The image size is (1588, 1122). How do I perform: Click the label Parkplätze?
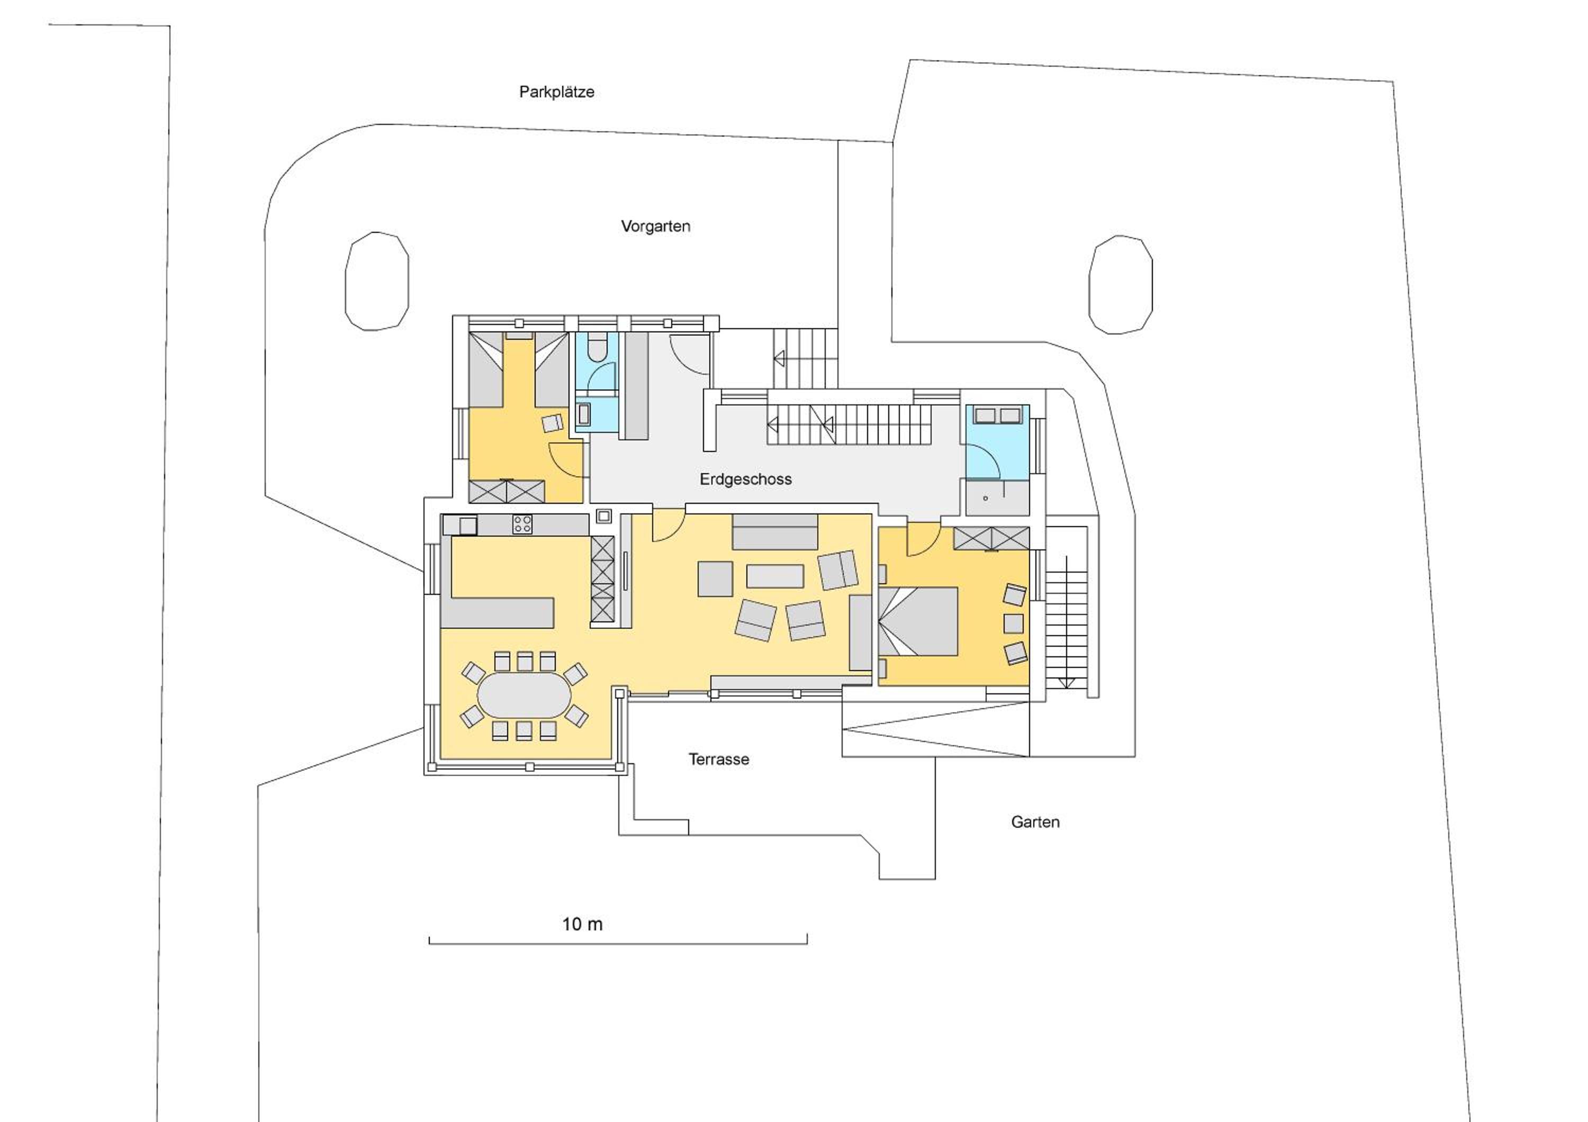(557, 92)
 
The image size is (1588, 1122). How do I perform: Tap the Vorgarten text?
(656, 227)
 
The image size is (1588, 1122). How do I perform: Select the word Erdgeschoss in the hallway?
(746, 479)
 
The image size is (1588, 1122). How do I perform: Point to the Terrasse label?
(719, 759)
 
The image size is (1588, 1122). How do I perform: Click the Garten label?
(1035, 822)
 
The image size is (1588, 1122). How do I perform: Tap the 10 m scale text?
(582, 924)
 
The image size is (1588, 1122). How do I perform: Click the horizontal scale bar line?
(618, 944)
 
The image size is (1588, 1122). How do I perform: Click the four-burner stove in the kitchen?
(522, 524)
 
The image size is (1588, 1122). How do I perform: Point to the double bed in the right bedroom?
(918, 621)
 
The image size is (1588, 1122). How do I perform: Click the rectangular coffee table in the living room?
(774, 576)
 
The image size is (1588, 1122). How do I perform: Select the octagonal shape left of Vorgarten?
(377, 282)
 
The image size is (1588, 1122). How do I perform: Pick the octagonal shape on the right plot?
(1121, 285)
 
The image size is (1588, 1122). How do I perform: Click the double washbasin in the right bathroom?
(997, 415)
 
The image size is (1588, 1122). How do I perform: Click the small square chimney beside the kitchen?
(604, 515)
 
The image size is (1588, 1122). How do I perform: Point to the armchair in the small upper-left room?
(553, 423)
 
